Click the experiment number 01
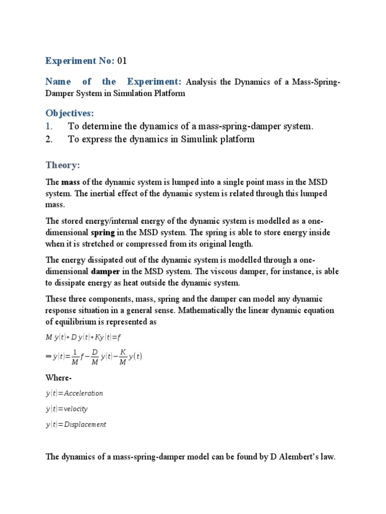tap(122, 61)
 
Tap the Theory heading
tap(63, 165)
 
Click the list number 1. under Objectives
tap(49, 126)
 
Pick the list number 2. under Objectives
tap(49, 139)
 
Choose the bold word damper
tap(105, 272)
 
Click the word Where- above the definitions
tap(59, 377)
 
